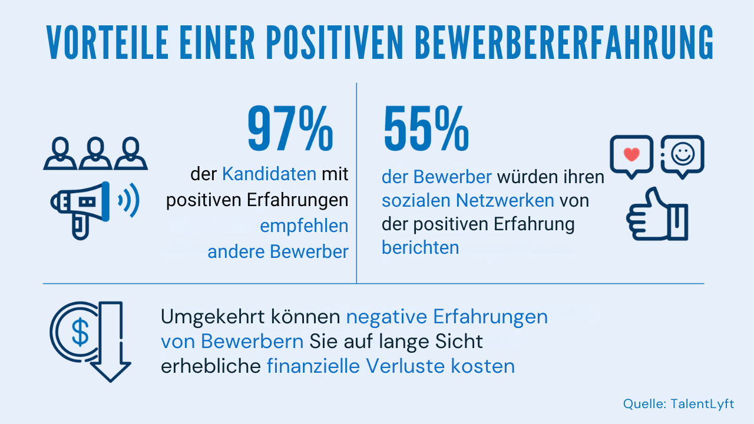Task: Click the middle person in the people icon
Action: [x=95, y=154]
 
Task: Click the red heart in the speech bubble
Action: [x=631, y=154]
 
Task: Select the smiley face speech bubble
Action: [x=683, y=154]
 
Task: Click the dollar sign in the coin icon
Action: [x=80, y=333]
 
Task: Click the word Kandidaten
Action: [x=269, y=174]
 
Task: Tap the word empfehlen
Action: [x=305, y=226]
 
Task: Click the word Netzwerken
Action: [x=505, y=201]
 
